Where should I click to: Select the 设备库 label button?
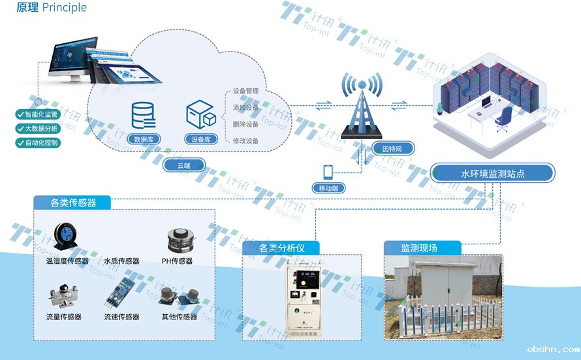[x=202, y=139]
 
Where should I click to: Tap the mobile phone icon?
[x=328, y=172]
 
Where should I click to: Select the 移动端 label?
[x=328, y=188]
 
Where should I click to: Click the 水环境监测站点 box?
[x=493, y=174]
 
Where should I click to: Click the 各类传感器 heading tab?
[x=72, y=203]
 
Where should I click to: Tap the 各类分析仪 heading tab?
[x=282, y=248]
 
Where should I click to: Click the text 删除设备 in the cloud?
[x=245, y=124]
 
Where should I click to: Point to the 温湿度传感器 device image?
[x=65, y=238]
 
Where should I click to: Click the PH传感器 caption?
[x=177, y=261]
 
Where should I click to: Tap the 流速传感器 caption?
[x=121, y=317]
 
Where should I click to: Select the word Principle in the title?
[x=64, y=8]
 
